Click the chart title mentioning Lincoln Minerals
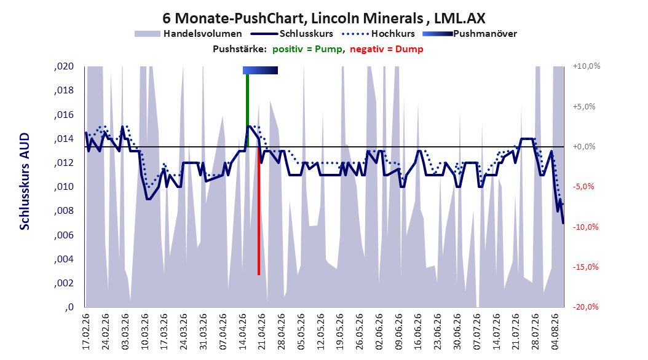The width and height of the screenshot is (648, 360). [x=323, y=18]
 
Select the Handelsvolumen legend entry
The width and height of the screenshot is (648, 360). [x=188, y=34]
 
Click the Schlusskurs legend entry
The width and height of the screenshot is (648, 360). [x=292, y=34]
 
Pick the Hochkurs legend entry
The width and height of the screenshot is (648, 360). [x=378, y=34]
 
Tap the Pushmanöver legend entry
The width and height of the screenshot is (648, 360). [x=470, y=34]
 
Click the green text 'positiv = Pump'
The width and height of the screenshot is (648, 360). [x=307, y=49]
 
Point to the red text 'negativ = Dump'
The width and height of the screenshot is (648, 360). [x=387, y=49]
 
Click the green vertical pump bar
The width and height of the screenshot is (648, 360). [x=248, y=110]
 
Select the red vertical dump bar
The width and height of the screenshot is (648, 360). [x=259, y=211]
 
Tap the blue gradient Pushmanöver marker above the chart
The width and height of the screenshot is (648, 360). [x=260, y=70]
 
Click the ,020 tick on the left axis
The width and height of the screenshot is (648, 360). [x=64, y=66]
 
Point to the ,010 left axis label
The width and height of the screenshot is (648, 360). [x=64, y=187]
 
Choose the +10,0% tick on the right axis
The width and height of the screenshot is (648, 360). [x=587, y=66]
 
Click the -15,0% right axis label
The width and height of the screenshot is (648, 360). [x=585, y=267]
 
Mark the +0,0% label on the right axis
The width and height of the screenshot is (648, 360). [x=584, y=147]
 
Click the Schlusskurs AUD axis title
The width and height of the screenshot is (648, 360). [x=25, y=181]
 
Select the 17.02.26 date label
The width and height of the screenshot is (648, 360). [x=86, y=332]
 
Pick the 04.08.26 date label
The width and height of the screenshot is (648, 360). [x=555, y=332]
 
